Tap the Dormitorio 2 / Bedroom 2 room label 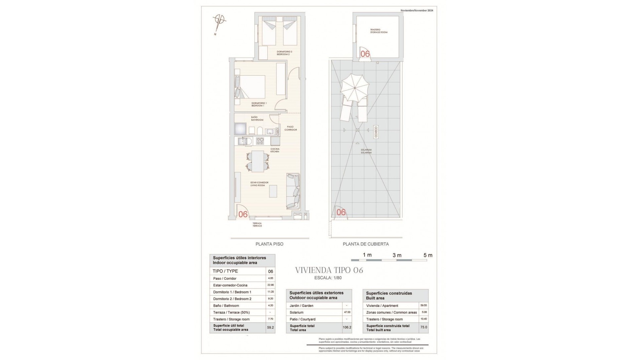pyautogui.click(x=284, y=53)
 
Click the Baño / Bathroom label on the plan pyautogui.click(x=257, y=118)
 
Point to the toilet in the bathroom pyautogui.click(x=260, y=131)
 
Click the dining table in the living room pyautogui.click(x=257, y=161)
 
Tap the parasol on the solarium pyautogui.click(x=355, y=88)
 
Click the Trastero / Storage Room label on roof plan pyautogui.click(x=378, y=31)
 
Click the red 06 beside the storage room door pyautogui.click(x=365, y=54)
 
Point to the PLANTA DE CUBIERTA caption pyautogui.click(x=366, y=244)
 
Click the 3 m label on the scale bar pyautogui.click(x=397, y=255)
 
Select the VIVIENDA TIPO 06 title pyautogui.click(x=329, y=270)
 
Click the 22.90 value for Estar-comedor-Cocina pyautogui.click(x=270, y=285)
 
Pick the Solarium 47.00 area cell pyautogui.click(x=347, y=312)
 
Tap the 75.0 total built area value pyautogui.click(x=423, y=327)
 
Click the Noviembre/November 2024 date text pyautogui.click(x=417, y=11)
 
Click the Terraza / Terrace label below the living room pyautogui.click(x=257, y=224)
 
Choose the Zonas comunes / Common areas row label pyautogui.click(x=391, y=312)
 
